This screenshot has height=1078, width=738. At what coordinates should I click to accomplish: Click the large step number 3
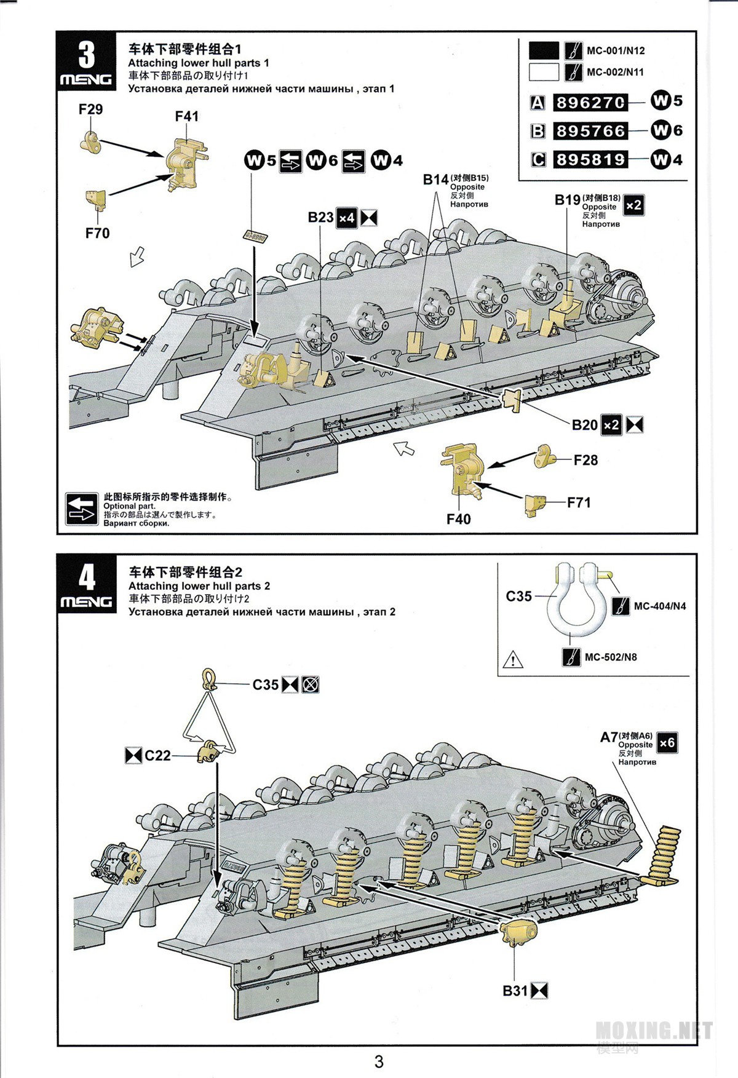tap(87, 55)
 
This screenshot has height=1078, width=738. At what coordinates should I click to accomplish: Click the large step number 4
tap(87, 577)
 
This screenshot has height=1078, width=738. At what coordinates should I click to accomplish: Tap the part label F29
tap(90, 109)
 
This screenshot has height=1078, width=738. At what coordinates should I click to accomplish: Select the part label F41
tap(187, 116)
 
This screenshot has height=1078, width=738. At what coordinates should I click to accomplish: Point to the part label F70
tap(97, 233)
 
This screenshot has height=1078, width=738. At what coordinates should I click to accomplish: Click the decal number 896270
tap(590, 102)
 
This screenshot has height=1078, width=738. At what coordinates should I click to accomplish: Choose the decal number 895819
tap(590, 160)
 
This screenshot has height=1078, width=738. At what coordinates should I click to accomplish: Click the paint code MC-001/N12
tap(615, 51)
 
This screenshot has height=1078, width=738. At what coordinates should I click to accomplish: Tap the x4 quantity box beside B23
tap(347, 218)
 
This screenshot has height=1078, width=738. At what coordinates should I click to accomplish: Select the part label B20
tap(584, 425)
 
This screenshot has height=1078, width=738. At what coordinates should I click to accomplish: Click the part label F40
tap(458, 519)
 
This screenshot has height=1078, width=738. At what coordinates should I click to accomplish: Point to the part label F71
tap(579, 502)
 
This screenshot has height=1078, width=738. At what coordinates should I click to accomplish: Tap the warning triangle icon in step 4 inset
tap(512, 660)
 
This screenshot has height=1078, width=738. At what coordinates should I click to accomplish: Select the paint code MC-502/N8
tap(610, 657)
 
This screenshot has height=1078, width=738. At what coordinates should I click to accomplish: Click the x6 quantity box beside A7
tap(667, 743)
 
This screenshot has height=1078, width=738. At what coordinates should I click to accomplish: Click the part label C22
tap(157, 755)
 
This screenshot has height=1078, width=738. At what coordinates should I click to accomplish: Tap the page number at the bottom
tap(379, 1061)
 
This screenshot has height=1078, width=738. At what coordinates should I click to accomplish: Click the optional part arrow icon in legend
tap(82, 509)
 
